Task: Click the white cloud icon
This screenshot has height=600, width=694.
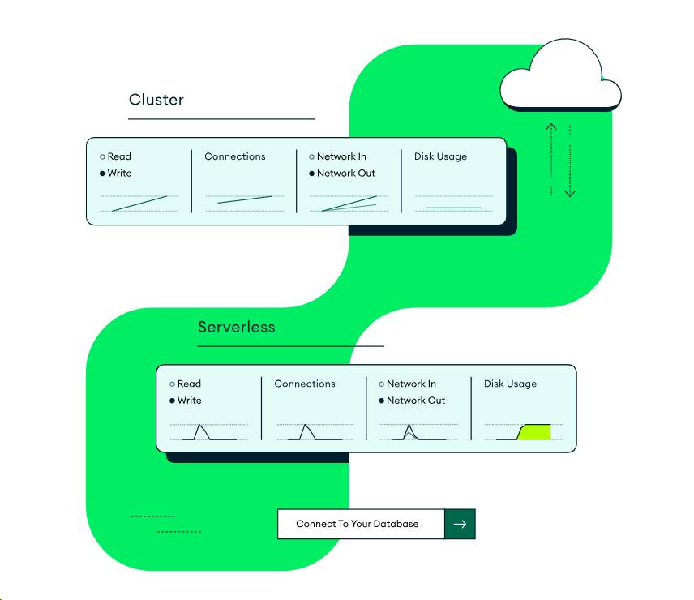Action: pyautogui.click(x=559, y=79)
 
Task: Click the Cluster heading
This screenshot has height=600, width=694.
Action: pyautogui.click(x=156, y=100)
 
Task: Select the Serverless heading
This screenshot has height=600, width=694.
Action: pyautogui.click(x=236, y=327)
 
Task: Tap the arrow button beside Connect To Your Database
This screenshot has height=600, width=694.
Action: pyautogui.click(x=460, y=524)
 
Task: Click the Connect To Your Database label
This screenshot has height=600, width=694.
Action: pyautogui.click(x=358, y=524)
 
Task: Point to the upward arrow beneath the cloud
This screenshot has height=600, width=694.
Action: pyautogui.click(x=551, y=158)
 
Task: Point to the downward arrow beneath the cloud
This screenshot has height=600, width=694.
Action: pyautogui.click(x=570, y=162)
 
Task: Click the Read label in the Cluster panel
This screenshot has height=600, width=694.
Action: pyautogui.click(x=119, y=156)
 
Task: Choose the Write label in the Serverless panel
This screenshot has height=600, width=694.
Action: pyautogui.click(x=189, y=401)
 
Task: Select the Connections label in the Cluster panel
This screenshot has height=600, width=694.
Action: pyautogui.click(x=234, y=156)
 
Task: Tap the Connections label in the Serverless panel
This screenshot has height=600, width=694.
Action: pyautogui.click(x=304, y=384)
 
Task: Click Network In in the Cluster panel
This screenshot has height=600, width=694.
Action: pyautogui.click(x=341, y=156)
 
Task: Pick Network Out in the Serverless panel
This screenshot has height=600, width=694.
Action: pyautogui.click(x=415, y=401)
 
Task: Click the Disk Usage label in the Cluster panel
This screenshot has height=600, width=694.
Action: pyautogui.click(x=440, y=156)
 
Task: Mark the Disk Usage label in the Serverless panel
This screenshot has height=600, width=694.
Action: pyautogui.click(x=510, y=384)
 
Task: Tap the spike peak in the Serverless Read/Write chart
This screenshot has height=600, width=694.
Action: pyautogui.click(x=200, y=425)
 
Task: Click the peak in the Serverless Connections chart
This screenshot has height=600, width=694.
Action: pyautogui.click(x=305, y=425)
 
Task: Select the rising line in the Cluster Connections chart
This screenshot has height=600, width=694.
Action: pyautogui.click(x=245, y=199)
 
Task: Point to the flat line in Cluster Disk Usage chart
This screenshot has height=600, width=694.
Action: pyautogui.click(x=453, y=208)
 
